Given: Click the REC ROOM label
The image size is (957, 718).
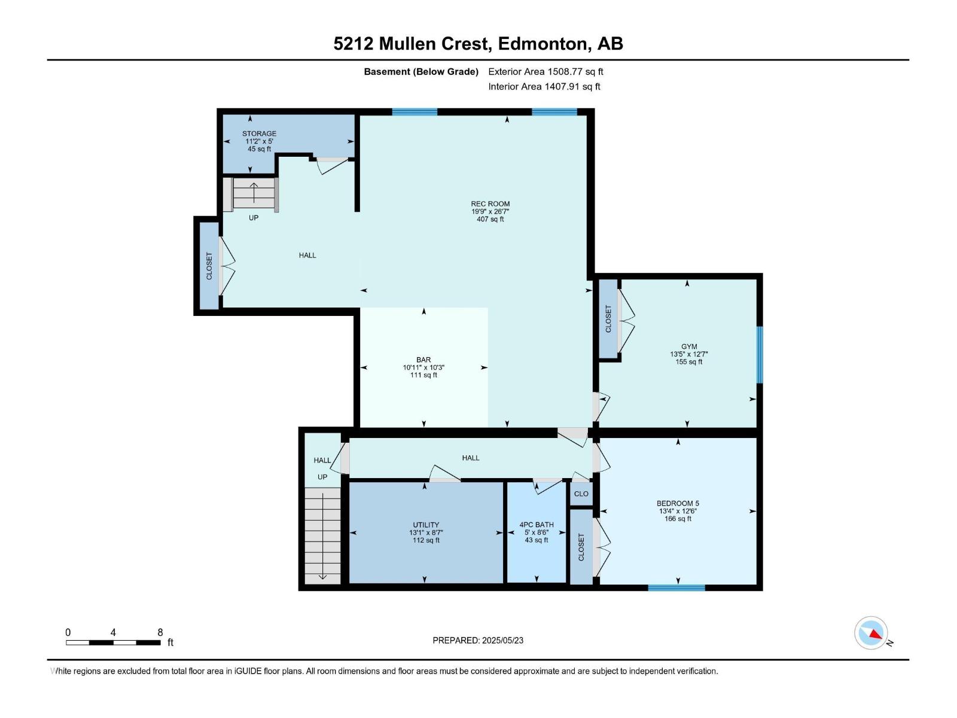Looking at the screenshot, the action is tap(490, 203).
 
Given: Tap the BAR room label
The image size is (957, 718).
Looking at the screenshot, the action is tap(423, 360).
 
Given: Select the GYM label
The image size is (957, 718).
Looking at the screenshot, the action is tap(689, 346).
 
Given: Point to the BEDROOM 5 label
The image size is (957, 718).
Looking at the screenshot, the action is tap(678, 503).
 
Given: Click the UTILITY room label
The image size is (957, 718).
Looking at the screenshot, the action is tap(426, 525).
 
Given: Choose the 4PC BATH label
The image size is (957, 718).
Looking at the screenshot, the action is tap(537, 525).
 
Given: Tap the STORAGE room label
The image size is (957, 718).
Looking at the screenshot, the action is tap(259, 133).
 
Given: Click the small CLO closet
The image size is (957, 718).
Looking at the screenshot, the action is tap(581, 494).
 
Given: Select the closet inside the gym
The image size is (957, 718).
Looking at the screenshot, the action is tap(608, 319).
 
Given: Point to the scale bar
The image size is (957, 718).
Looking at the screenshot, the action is tap(114, 643).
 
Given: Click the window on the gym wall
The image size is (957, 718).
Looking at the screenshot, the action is tap(759, 354).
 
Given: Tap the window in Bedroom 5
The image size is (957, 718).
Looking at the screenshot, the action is tap(676, 588).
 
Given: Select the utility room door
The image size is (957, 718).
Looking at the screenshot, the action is tap(445, 474).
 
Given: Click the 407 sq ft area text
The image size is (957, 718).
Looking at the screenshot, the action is tap(490, 219).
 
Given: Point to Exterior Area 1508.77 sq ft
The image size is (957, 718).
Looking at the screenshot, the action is tap(545, 71).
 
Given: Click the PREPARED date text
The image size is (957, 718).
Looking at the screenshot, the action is tap(478, 640).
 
